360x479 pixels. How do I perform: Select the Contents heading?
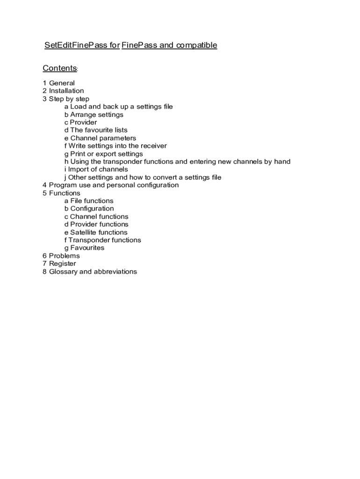[59, 68]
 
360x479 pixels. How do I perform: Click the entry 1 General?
[58, 83]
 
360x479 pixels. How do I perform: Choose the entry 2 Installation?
[63, 91]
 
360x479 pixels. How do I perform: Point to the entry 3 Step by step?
[65, 99]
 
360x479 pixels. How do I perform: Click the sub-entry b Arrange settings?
[94, 115]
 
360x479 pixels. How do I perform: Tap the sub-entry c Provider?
[81, 123]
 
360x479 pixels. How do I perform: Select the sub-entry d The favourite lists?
[96, 130]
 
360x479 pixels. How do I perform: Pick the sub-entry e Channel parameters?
[100, 138]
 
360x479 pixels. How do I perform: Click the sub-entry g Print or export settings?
[104, 154]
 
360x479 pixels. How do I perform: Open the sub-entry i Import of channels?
[96, 169]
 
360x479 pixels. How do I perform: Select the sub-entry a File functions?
[89, 201]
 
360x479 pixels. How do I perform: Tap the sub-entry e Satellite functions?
[96, 232]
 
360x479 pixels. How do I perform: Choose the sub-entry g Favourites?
[84, 248]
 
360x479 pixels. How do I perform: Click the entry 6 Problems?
[61, 256]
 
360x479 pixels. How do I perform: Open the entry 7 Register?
[59, 264]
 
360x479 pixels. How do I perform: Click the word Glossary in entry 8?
[63, 272]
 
